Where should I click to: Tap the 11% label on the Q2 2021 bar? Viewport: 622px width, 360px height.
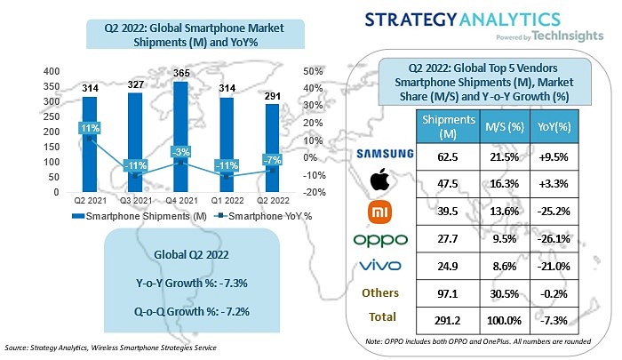tap(90, 128)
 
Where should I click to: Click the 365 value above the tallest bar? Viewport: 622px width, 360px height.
tap(182, 74)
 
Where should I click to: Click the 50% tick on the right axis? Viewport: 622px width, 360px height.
tap(313, 71)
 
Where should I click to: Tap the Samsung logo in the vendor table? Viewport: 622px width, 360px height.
tap(385, 153)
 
